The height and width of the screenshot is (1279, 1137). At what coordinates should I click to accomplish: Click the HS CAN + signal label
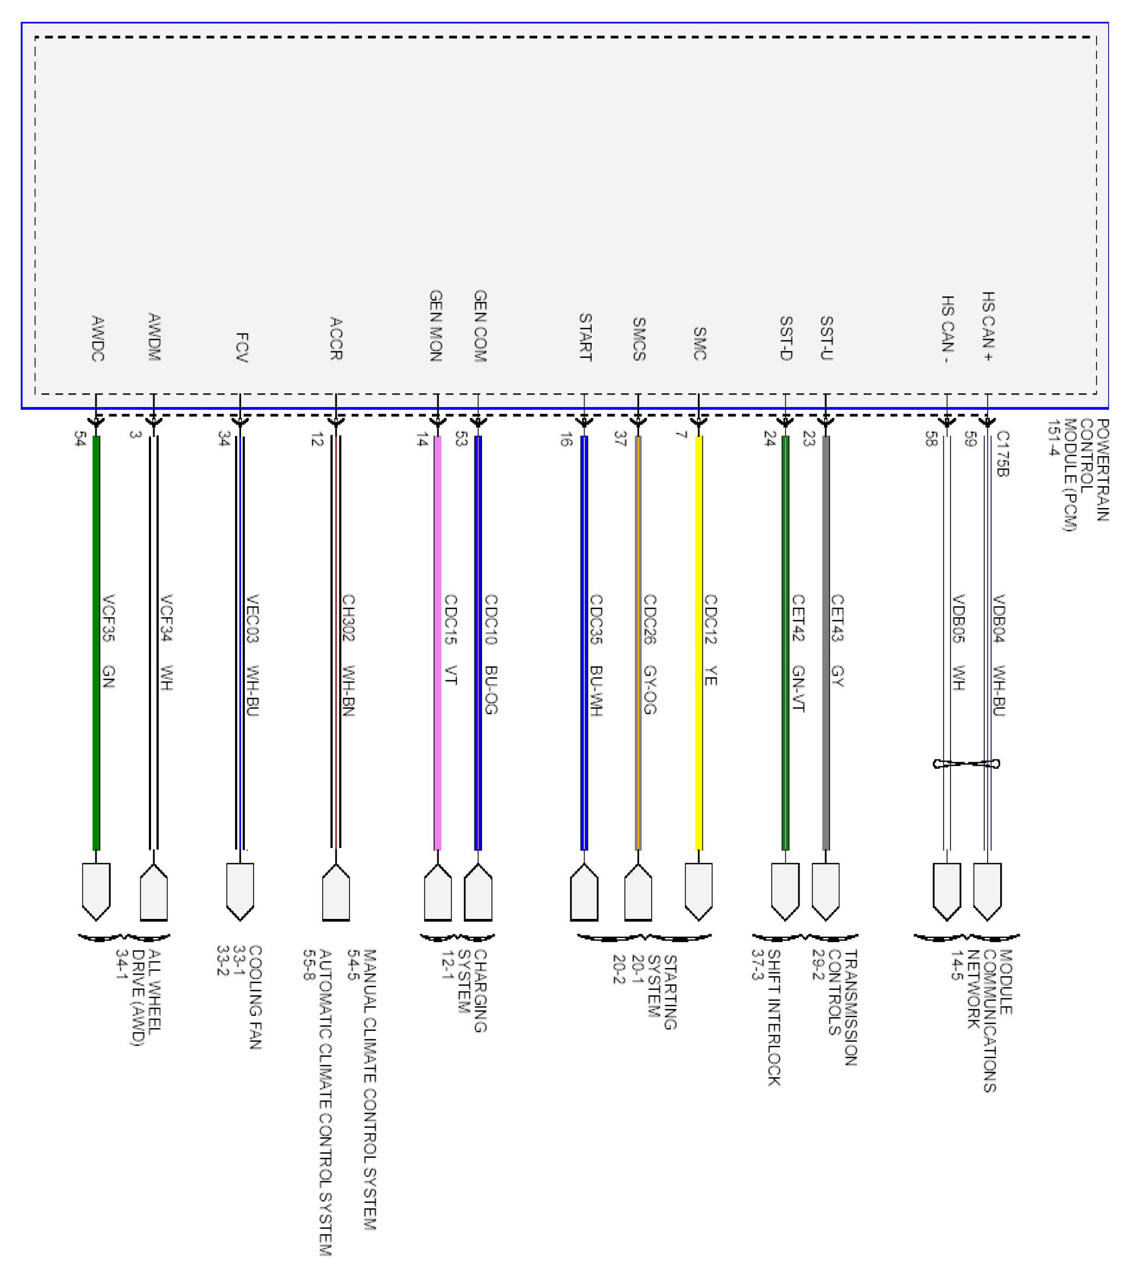click(x=988, y=327)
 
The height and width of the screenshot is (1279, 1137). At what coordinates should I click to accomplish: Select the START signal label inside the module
click(x=585, y=337)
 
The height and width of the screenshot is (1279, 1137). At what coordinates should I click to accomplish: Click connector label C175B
click(x=1002, y=453)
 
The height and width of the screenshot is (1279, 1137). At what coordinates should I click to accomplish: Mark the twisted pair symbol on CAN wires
click(x=966, y=763)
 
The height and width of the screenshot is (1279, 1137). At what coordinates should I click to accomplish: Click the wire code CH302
click(x=348, y=618)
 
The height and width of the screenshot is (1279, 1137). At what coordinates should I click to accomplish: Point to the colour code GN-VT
click(x=798, y=688)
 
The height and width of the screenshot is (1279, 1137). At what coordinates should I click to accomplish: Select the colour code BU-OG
click(x=491, y=690)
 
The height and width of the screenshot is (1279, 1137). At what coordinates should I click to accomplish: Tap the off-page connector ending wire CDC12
click(x=699, y=891)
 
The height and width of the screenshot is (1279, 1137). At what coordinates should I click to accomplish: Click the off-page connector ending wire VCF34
click(x=154, y=892)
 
